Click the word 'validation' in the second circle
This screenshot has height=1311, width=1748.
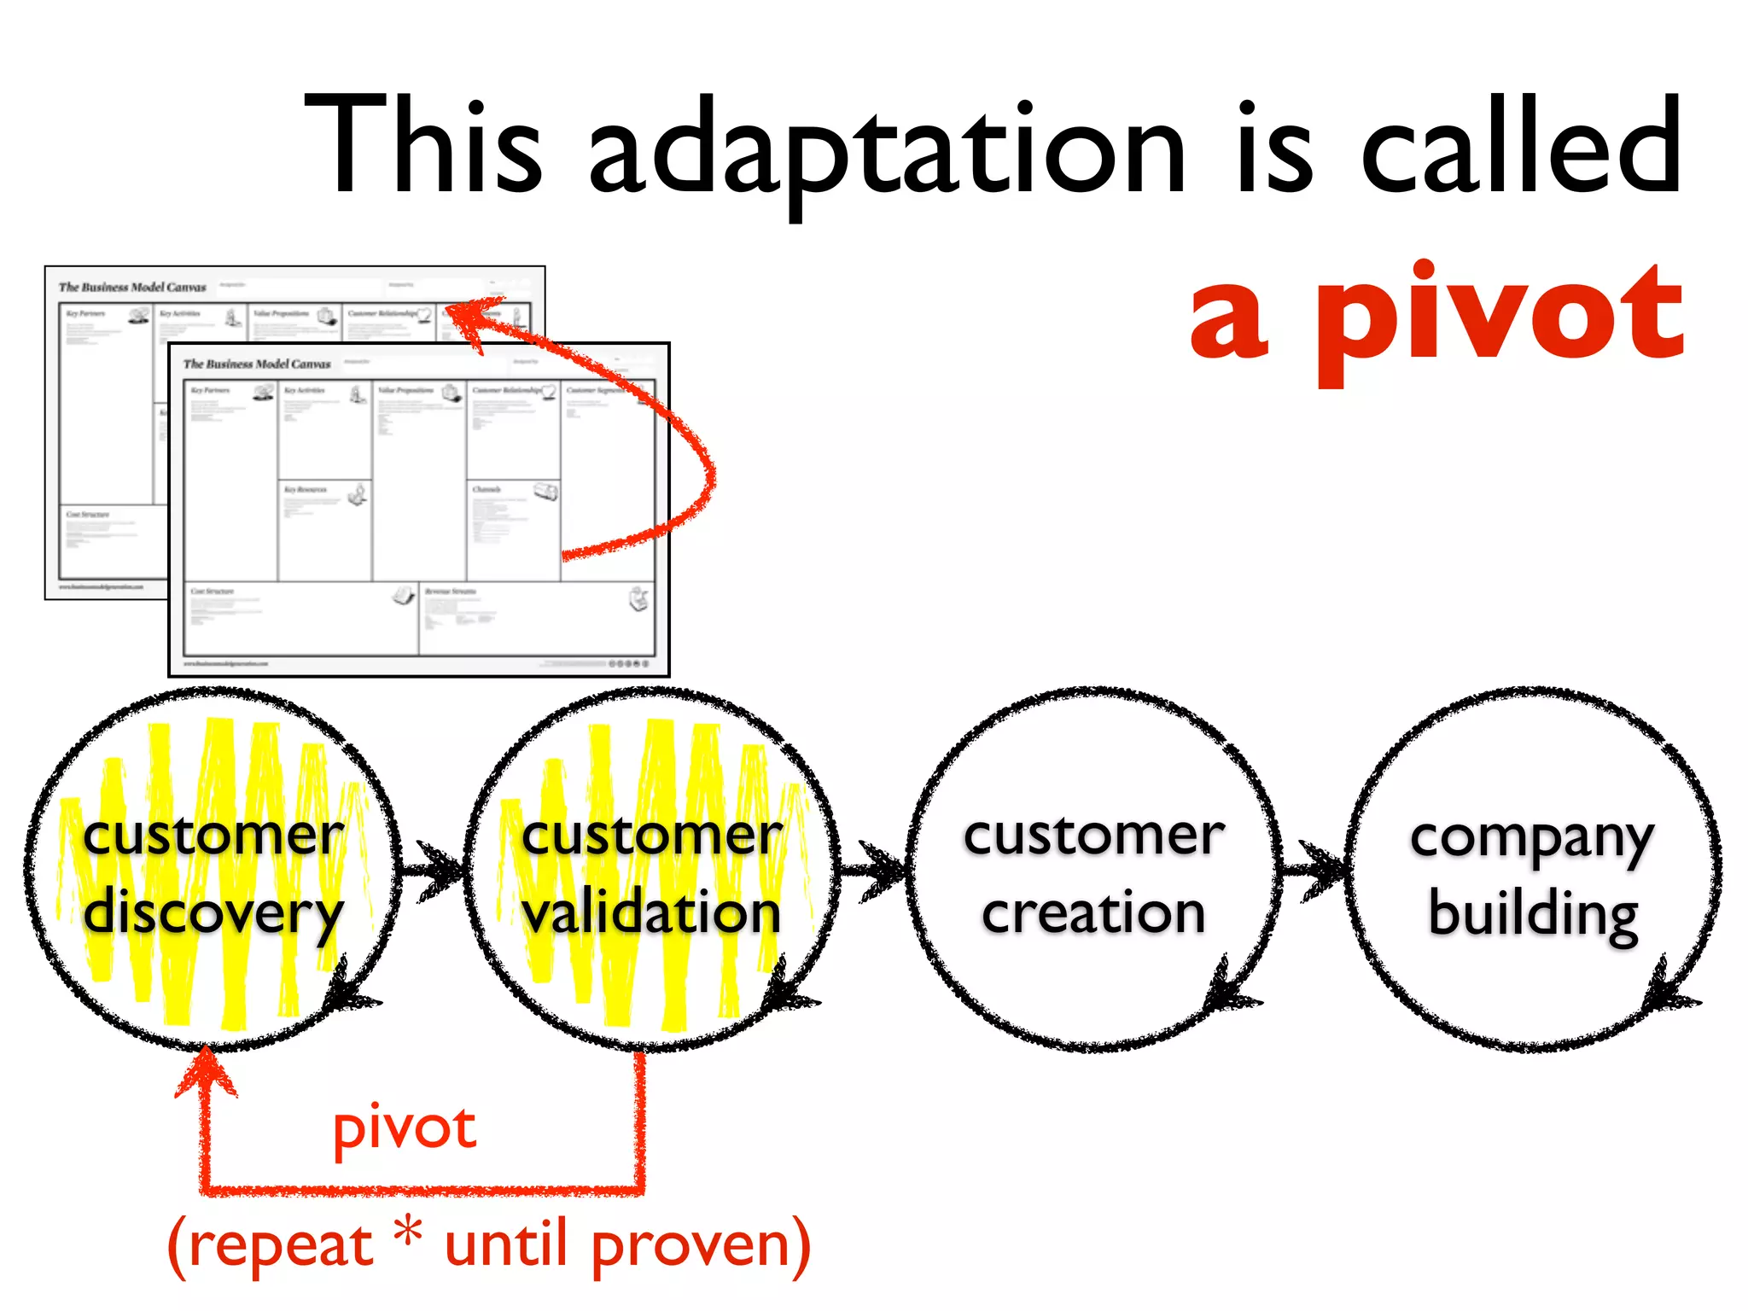(652, 912)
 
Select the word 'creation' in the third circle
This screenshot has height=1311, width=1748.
(1093, 912)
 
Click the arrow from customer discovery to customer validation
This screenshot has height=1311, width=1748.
(434, 871)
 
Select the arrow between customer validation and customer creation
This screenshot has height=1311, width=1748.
(874, 871)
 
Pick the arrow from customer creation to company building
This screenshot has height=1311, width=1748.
(1314, 871)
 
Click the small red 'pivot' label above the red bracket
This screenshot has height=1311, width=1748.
(405, 1128)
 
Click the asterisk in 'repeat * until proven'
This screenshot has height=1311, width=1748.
(409, 1234)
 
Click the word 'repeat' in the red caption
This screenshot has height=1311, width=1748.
(280, 1246)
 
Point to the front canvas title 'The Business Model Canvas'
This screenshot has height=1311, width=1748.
(257, 364)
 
